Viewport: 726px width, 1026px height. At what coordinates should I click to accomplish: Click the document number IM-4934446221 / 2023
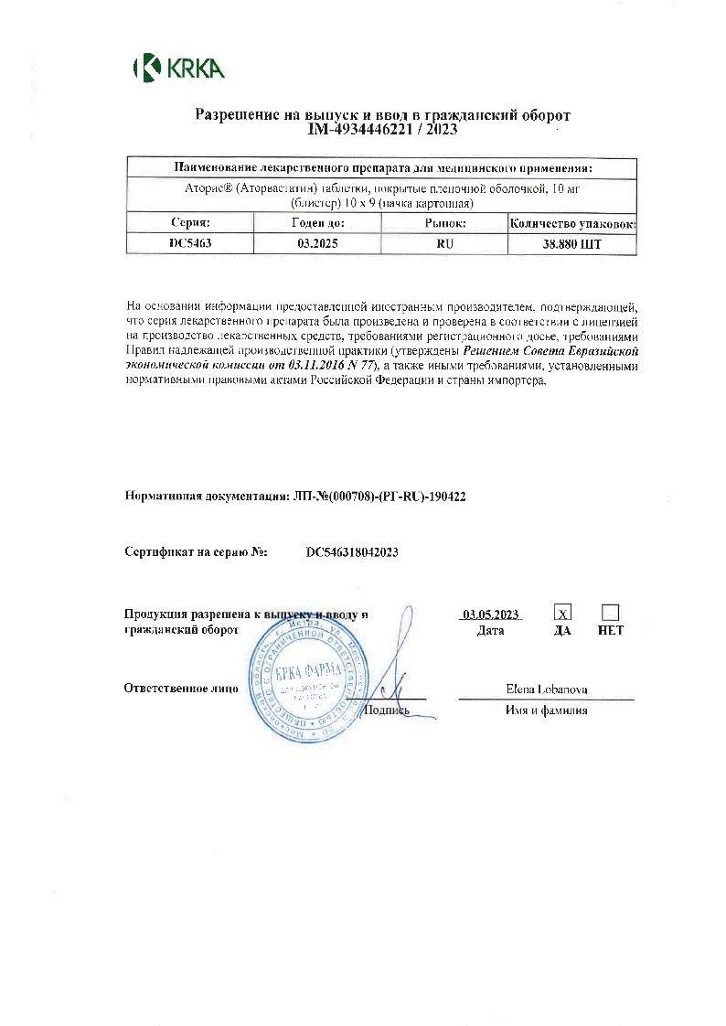click(x=382, y=130)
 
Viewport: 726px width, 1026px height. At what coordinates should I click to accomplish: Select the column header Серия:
click(x=190, y=223)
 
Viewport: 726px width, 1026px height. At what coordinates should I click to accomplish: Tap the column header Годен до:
click(x=317, y=223)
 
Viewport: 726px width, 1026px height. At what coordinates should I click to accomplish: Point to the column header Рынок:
click(x=445, y=223)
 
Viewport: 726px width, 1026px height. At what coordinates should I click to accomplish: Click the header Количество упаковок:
click(x=572, y=223)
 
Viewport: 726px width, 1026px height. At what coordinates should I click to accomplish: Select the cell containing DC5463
click(x=190, y=244)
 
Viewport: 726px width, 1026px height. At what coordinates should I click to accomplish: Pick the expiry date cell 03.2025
click(x=317, y=244)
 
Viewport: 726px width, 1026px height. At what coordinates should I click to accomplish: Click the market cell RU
click(x=445, y=244)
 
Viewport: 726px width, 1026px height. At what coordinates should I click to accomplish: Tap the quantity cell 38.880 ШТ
click(x=572, y=244)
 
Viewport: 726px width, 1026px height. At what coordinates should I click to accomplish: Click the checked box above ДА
click(x=564, y=613)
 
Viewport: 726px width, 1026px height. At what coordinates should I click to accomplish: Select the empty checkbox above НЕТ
click(x=610, y=613)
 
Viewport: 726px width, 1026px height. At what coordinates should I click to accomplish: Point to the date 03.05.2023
click(x=491, y=615)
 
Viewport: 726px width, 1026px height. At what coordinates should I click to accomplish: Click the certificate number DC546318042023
click(x=352, y=552)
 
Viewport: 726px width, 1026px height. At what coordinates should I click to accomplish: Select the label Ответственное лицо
click(x=181, y=689)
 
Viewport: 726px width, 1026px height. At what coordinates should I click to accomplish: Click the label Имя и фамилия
click(x=546, y=710)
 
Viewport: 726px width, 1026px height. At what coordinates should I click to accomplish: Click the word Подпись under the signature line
click(x=387, y=710)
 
